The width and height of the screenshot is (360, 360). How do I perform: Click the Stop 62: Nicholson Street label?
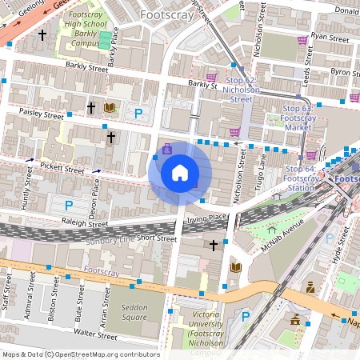(x=242, y=90)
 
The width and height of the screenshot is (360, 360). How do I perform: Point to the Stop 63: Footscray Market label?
(x=298, y=117)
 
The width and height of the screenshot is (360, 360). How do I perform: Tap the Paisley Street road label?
(x=42, y=115)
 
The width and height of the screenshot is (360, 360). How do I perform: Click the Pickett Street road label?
(x=62, y=170)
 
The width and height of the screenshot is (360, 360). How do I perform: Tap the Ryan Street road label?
(x=330, y=37)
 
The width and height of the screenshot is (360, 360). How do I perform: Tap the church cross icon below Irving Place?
(x=213, y=245)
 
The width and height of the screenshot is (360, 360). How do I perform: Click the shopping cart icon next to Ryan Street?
(x=302, y=40)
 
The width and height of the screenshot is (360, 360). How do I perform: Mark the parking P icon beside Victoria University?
(x=246, y=317)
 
